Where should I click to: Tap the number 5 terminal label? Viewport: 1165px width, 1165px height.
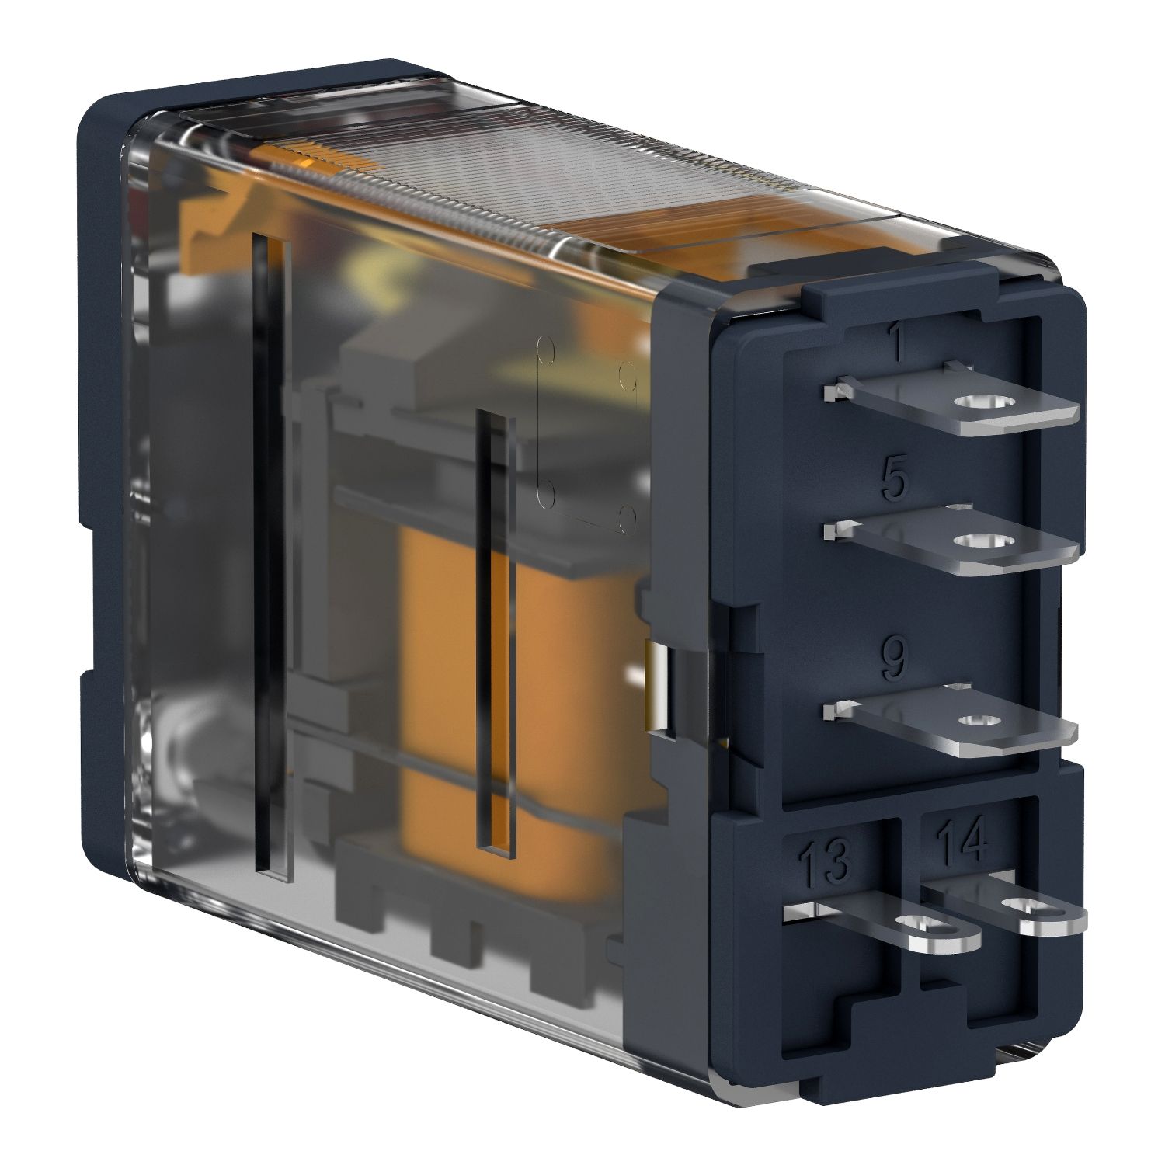(x=894, y=481)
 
